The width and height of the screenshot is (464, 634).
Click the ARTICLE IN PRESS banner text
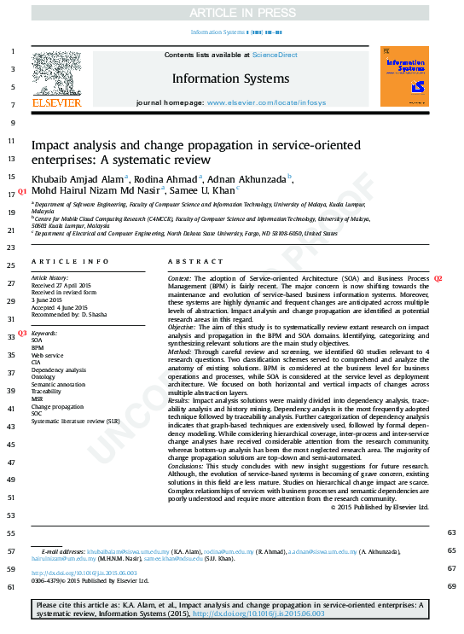point(232,12)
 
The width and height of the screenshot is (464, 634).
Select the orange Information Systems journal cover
point(404,76)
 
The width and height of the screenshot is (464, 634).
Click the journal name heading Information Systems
point(230,79)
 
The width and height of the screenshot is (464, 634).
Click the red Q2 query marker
point(438,279)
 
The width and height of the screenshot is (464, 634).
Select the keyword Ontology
point(43,376)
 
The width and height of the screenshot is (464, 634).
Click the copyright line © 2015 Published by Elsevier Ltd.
point(379,506)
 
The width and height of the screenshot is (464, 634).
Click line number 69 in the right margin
point(451,585)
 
